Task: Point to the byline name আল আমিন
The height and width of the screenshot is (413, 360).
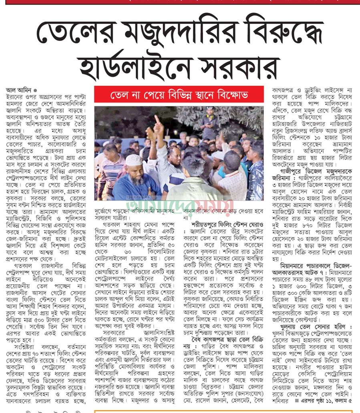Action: tap(18, 90)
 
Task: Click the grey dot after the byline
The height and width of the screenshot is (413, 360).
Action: tap(35, 91)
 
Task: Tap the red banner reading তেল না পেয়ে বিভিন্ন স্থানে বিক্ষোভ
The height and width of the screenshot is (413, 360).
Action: tap(179, 96)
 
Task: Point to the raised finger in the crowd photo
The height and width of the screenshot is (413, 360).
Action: tap(157, 120)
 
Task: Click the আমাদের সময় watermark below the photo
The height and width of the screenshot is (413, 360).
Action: tap(179, 205)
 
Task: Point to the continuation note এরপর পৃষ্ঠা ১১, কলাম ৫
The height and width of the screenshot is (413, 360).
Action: tap(326, 401)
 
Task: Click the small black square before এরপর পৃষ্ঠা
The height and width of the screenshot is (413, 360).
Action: tap(297, 401)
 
